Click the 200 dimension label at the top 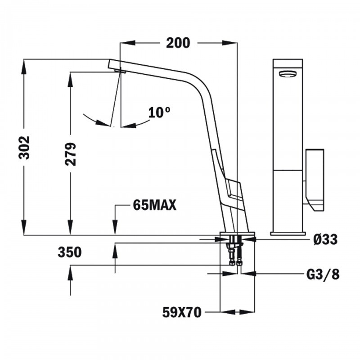(178, 43)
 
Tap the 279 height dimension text (71, 154)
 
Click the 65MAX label (154, 205)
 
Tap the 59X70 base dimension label (182, 312)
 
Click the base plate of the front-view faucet (287, 233)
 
